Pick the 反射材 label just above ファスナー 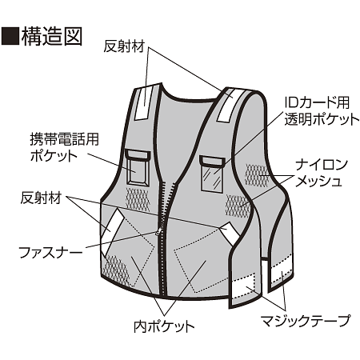tap(41, 196)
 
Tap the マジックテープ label tap(305, 322)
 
